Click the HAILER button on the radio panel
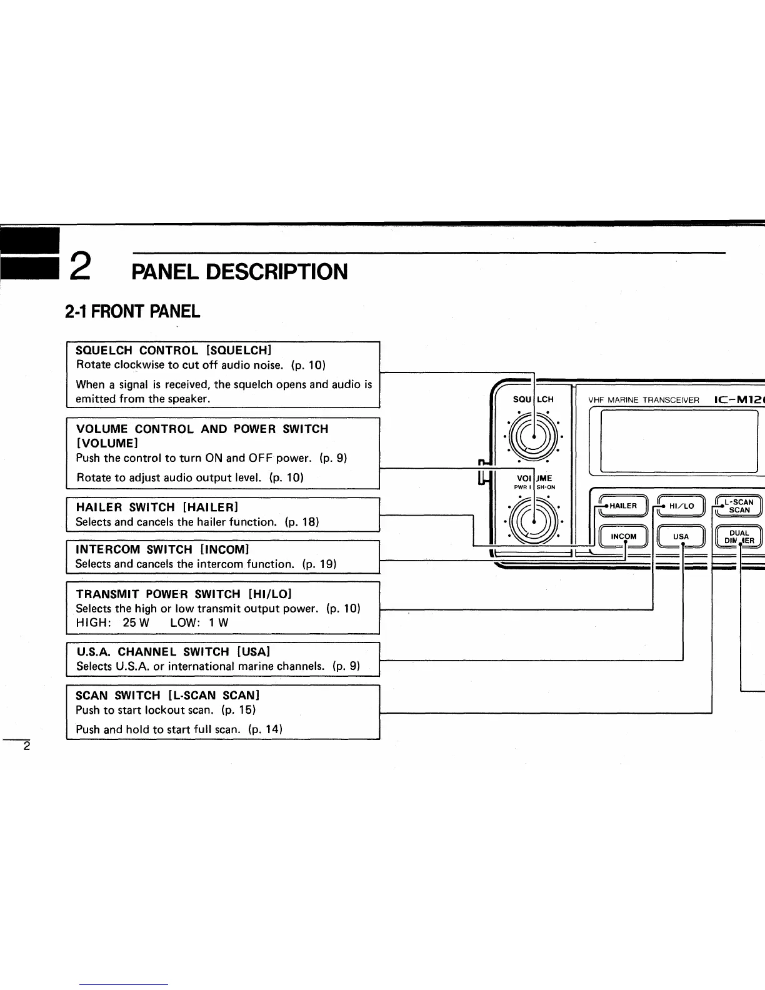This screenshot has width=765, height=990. (x=617, y=506)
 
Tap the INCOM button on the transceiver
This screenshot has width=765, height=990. (x=624, y=536)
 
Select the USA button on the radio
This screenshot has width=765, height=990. (x=681, y=536)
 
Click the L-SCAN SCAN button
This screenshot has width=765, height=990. (x=739, y=506)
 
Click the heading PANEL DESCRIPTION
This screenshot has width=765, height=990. (x=239, y=272)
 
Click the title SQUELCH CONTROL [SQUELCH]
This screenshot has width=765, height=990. (x=174, y=350)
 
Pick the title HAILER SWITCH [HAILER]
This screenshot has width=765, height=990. (x=157, y=507)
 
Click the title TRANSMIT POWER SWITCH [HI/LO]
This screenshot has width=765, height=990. (x=184, y=594)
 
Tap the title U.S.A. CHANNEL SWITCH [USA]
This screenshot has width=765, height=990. (x=173, y=651)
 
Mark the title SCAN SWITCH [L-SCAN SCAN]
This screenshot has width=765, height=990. (x=167, y=695)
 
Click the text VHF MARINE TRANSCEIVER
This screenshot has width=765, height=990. (x=644, y=400)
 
